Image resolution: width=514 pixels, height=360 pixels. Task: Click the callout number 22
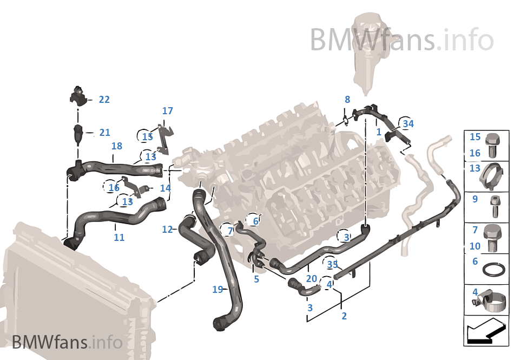point(104,100)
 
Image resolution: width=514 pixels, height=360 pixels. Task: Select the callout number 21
point(104,133)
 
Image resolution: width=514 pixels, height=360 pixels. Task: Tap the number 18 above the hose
point(116,146)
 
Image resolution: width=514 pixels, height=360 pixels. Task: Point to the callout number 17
point(168,111)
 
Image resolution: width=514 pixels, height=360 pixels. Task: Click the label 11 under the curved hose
point(119,237)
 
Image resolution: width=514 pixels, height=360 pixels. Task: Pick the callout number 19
point(218,290)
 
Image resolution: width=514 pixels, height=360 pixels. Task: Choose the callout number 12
point(167,230)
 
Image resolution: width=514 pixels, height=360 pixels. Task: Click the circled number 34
point(408,124)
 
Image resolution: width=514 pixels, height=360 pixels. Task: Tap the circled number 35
point(332,264)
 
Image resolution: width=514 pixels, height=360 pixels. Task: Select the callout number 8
point(347,100)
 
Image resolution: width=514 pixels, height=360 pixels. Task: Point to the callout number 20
point(311,279)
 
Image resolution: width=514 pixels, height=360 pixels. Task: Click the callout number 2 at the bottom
point(344,316)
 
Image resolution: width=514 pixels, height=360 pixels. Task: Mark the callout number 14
point(165,188)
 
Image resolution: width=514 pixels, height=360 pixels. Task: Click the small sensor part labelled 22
point(78,96)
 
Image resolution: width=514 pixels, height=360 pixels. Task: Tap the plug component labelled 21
point(78,133)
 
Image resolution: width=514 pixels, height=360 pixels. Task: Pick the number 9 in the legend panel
point(475,199)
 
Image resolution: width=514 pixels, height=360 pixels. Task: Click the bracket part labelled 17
point(164,137)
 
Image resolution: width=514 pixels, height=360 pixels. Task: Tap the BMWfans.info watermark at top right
point(401,40)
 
